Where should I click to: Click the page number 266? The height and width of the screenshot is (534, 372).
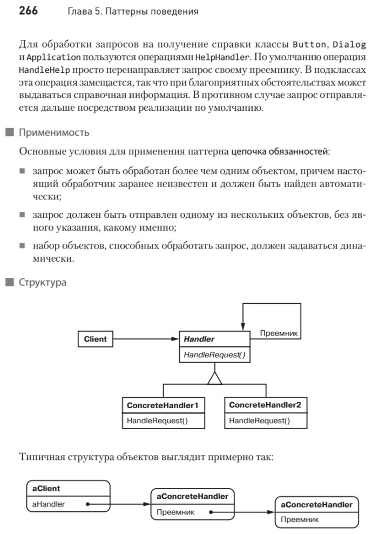coord(28,10)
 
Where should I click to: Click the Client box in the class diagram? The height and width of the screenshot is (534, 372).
coord(96,339)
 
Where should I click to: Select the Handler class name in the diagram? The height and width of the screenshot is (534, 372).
coord(199,339)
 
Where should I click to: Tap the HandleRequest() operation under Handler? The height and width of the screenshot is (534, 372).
coord(207,355)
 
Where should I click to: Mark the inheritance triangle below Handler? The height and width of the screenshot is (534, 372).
coord(215,378)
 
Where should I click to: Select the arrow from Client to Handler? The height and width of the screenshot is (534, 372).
coord(146,339)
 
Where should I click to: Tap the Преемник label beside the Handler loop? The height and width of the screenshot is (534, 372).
coord(279,334)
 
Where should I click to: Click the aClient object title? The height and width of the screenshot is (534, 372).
coord(46,489)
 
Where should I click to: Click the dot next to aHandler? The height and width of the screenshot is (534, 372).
coord(87,504)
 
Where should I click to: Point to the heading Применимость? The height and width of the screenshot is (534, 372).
coord(54,132)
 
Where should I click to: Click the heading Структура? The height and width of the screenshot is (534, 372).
coord(43,282)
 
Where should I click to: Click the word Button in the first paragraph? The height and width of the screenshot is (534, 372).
coord(309,44)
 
